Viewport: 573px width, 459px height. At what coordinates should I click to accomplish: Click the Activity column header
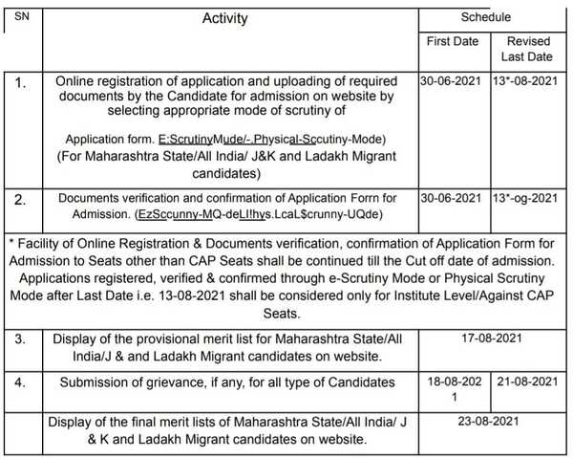(225, 18)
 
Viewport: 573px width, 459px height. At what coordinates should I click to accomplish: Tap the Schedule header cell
(486, 17)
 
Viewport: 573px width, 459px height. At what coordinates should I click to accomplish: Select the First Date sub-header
(451, 43)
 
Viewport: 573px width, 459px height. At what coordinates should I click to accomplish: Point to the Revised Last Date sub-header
(528, 50)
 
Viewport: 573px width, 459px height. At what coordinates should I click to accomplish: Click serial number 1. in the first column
(21, 82)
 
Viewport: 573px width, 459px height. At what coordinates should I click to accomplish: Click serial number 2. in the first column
(21, 200)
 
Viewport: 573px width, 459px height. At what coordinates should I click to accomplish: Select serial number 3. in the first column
(21, 339)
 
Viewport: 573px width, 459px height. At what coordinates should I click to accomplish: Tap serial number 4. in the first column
(21, 382)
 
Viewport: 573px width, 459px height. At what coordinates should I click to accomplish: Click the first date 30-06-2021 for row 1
(451, 81)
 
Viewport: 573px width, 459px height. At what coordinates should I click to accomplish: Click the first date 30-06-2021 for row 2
(451, 199)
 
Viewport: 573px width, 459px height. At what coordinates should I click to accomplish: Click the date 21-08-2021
(528, 382)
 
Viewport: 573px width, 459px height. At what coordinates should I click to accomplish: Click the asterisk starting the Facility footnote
(9, 239)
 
